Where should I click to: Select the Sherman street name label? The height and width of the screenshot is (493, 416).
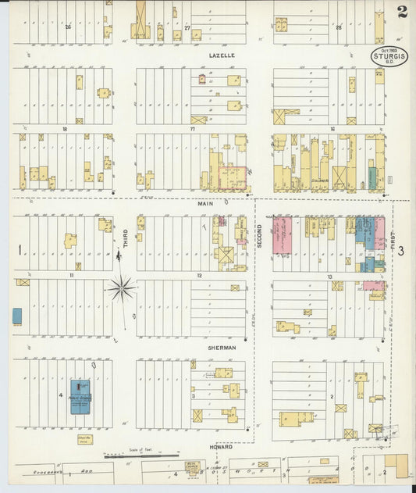point(222,348)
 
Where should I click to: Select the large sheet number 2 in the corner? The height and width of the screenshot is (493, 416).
point(401,11)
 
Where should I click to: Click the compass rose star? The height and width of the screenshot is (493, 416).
point(122,289)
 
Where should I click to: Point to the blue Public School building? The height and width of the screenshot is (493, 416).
point(80,396)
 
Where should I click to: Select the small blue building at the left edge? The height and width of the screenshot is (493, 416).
point(17,316)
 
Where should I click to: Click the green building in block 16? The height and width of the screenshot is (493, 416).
point(373,177)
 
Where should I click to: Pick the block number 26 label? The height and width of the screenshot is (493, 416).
point(68,27)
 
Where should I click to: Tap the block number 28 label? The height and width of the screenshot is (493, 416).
point(339,27)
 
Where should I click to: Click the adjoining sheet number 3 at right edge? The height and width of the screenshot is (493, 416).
point(401,251)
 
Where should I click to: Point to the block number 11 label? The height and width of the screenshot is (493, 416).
point(70,276)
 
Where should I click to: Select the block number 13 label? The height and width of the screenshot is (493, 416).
point(330,277)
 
